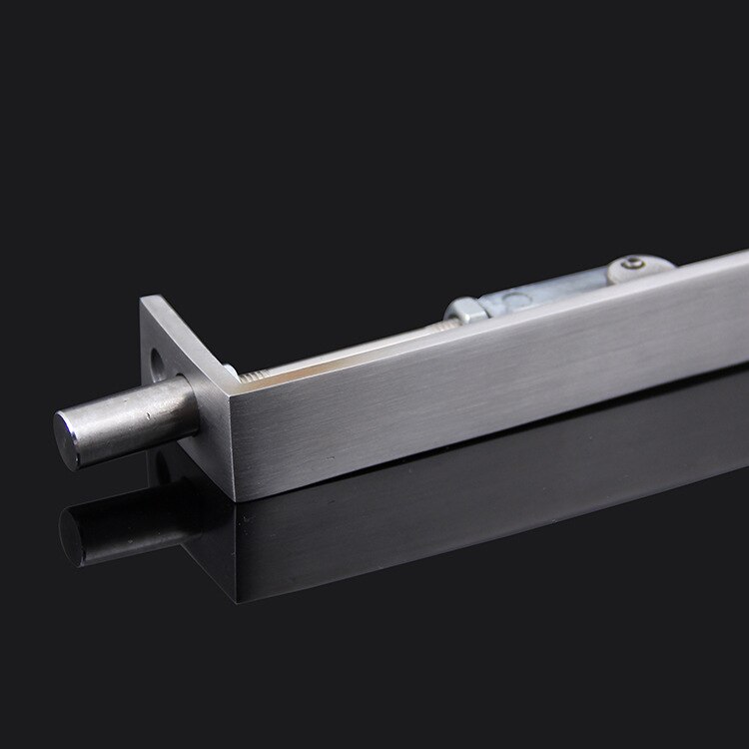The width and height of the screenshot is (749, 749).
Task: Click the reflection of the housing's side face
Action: click(449, 519)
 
